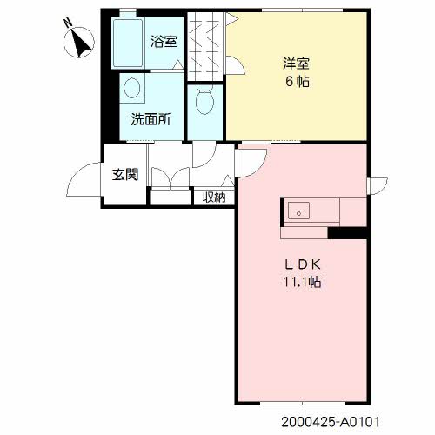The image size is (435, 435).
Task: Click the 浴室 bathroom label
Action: [x=164, y=42]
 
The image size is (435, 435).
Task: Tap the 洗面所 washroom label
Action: [x=151, y=119]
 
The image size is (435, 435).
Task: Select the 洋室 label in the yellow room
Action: [x=296, y=64]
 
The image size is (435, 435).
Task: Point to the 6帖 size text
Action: [x=297, y=82]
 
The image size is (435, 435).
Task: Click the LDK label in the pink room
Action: [x=302, y=264]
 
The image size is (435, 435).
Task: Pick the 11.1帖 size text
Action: [x=302, y=282]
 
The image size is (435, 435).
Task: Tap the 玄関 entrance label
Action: [x=125, y=175]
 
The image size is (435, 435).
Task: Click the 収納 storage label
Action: [x=214, y=197]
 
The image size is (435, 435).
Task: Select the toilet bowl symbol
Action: [x=204, y=101]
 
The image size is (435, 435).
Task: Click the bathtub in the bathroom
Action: [x=128, y=43]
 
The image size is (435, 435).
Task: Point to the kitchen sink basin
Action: [x=298, y=211]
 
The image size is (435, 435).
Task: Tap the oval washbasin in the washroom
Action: [x=132, y=88]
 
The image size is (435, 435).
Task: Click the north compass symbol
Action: [x=79, y=43]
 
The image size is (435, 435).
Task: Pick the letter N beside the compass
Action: [x=68, y=23]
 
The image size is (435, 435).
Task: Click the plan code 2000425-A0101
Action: [x=331, y=422]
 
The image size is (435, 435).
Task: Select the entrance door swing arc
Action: [x=76, y=171]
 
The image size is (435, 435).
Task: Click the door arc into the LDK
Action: [x=259, y=169]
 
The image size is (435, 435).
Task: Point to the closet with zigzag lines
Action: [x=205, y=46]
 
